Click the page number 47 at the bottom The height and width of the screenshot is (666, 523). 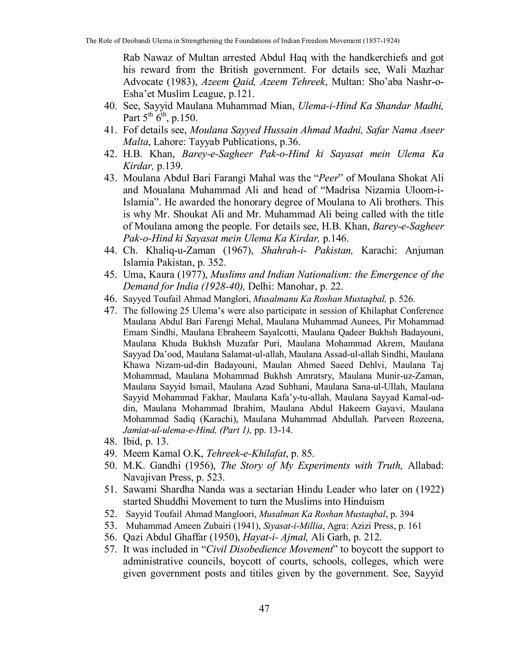[x=264, y=609]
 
